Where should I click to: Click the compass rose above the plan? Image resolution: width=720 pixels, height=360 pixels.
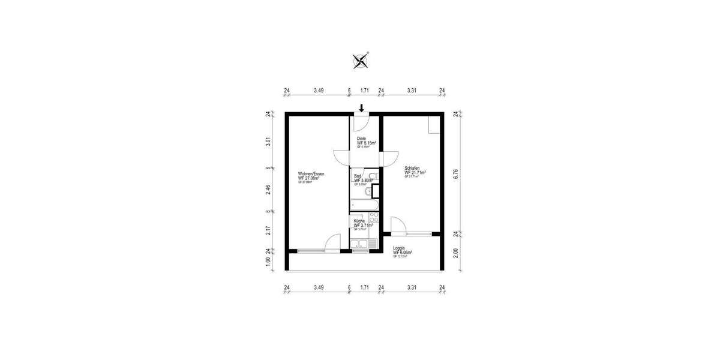360,59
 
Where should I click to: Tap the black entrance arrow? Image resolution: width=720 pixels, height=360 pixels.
361,108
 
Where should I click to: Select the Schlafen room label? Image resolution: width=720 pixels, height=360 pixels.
415,172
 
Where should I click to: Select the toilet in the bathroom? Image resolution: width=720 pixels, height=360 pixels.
372,176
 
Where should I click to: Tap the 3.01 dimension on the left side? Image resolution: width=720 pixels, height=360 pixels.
268,142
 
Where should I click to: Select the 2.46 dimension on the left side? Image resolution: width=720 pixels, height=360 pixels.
268,190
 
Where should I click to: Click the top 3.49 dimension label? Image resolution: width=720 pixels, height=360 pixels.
319,91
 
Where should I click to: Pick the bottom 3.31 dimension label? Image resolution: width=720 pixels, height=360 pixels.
412,287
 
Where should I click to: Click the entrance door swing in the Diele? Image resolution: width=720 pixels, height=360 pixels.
360,122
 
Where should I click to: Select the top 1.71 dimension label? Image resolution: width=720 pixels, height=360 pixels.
365,91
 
